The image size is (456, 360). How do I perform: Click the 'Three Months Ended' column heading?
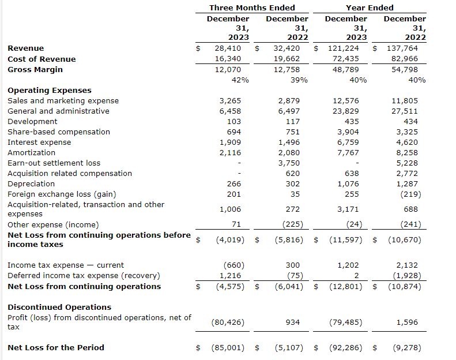pos(252,7)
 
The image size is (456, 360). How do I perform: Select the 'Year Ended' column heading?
pos(370,7)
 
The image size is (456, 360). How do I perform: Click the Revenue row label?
pos(25,48)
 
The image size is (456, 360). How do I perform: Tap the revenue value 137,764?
pos(404,48)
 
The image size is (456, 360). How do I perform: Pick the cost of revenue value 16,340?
pos(228,59)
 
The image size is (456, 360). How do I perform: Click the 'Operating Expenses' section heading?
pos(49,91)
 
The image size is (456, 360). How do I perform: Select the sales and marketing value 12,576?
pos(346,101)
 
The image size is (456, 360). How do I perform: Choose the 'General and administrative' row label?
pos(58,111)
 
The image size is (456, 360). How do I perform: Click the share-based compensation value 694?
pos(234,132)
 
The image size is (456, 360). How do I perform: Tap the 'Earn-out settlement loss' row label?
pos(54,163)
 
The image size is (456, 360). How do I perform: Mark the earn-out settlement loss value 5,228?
pos(407,163)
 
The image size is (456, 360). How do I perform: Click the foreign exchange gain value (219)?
pos(407,194)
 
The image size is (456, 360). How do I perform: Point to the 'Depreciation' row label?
pos(31,184)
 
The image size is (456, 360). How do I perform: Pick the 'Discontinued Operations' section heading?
pos(59,307)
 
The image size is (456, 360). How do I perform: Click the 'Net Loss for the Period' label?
pos(56,348)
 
